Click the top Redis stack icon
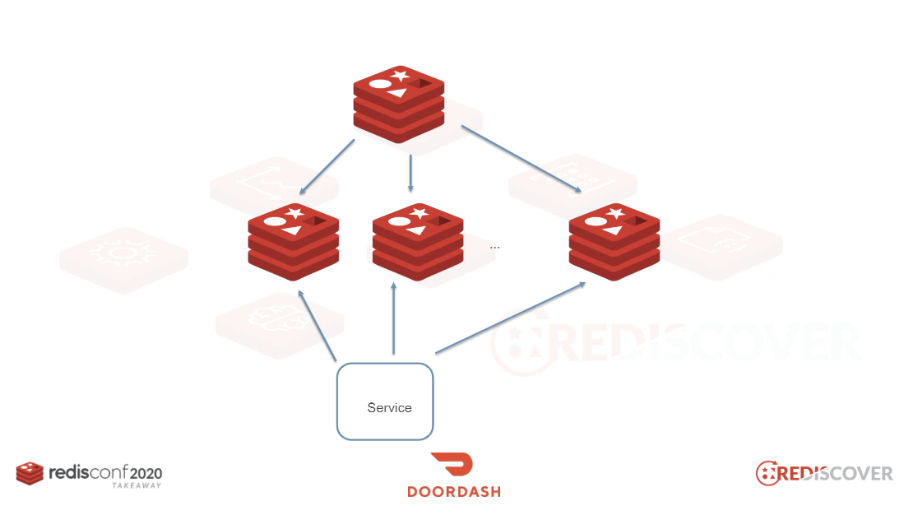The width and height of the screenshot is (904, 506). coord(399,104)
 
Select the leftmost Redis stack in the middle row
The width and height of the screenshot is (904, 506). coord(294,242)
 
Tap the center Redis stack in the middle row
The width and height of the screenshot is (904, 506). coord(418,242)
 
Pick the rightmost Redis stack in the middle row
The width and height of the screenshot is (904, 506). coord(614,242)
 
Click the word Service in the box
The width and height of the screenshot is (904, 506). coord(390,408)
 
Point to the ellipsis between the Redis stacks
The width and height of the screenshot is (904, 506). coord(494,248)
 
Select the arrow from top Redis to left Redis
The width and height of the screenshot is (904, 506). coord(327,167)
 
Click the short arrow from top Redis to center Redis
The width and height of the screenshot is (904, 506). coord(410,173)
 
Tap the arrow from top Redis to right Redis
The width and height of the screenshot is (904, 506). coord(522,159)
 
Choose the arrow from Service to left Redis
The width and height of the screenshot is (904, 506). coord(317,326)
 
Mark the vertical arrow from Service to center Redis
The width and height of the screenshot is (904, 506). coord(394,318)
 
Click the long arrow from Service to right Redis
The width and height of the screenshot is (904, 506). coord(510,318)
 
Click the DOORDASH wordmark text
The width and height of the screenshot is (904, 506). coord(454,491)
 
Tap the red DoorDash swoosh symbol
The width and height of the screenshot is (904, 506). coord(452,464)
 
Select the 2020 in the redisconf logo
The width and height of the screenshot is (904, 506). coord(146,474)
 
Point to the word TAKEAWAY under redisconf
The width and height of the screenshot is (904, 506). coord(137,485)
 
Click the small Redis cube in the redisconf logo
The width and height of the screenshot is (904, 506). coord(30,473)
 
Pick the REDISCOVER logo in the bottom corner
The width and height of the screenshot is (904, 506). coord(824,473)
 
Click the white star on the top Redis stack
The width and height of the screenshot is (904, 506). coord(400,75)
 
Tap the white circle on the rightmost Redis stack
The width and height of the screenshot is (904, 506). coord(596,221)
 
